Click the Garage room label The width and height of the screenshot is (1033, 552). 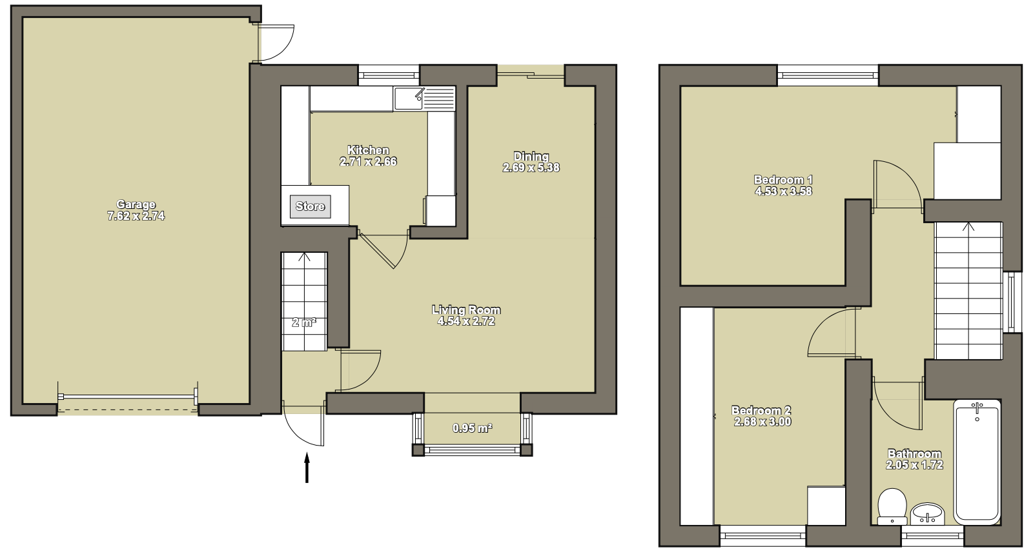tap(136, 204)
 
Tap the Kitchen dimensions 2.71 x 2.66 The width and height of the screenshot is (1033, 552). tap(368, 162)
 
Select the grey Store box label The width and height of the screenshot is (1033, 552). tap(310, 206)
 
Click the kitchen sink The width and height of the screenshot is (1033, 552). tap(409, 99)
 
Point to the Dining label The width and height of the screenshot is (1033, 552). tap(531, 156)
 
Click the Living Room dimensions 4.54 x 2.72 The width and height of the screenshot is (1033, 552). tap(465, 321)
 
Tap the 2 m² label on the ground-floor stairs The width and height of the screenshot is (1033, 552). tap(304, 322)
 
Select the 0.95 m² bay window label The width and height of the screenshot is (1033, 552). tap(472, 428)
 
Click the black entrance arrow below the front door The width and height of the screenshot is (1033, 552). tap(307, 468)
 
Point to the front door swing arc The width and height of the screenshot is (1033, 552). tap(295, 434)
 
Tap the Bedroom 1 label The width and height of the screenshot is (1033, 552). tap(783, 180)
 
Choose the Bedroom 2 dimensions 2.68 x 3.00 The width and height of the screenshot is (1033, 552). tap(762, 422)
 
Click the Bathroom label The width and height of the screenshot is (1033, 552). tap(914, 454)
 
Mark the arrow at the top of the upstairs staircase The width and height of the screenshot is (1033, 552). tap(968, 227)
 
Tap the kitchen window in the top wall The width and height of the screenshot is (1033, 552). tap(389, 75)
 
